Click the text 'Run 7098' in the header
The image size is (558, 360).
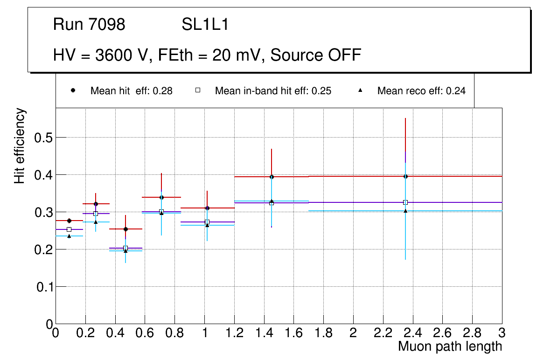click(89, 25)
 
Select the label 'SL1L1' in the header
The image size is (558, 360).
click(205, 25)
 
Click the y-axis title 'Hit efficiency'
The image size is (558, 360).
click(20, 146)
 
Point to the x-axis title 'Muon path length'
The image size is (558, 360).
click(450, 346)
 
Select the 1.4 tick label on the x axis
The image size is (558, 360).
click(264, 333)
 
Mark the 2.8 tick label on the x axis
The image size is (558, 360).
click(472, 333)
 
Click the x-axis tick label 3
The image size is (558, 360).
click(502, 333)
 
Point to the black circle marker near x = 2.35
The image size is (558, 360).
click(405, 176)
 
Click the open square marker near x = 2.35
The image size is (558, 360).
click(405, 202)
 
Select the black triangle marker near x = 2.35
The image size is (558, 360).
click(405, 211)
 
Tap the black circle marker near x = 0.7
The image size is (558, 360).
click(161, 197)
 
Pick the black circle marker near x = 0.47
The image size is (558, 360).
click(126, 229)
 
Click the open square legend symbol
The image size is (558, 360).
click(197, 91)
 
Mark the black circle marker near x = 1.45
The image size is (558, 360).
click(272, 177)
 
